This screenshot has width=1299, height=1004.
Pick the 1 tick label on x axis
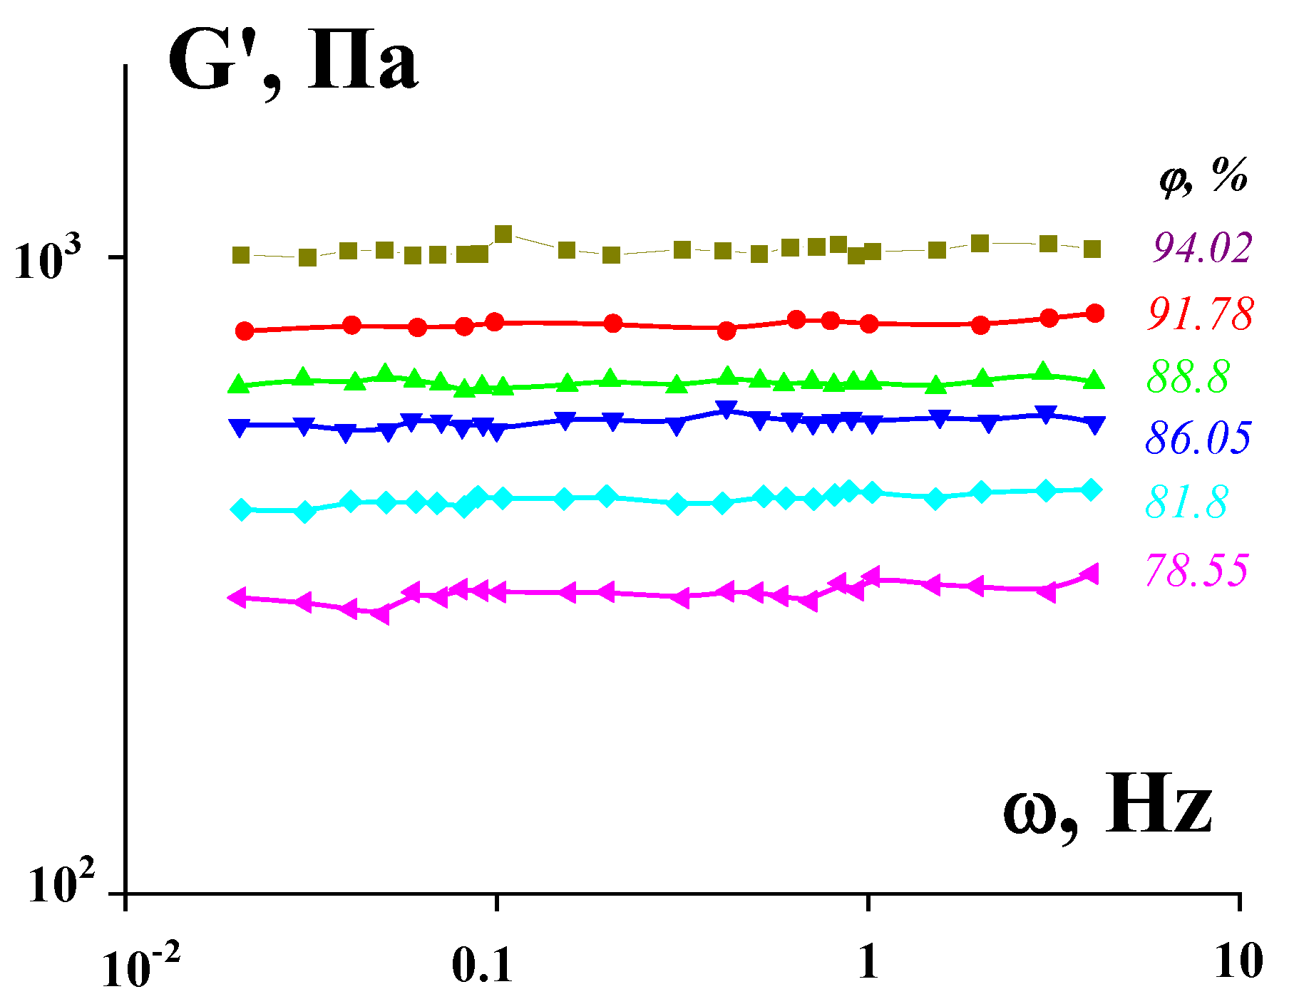tap(868, 962)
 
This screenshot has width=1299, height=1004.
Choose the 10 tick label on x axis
tap(1239, 962)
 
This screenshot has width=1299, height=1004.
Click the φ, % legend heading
tap(1203, 176)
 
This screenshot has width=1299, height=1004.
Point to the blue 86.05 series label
tap(1198, 438)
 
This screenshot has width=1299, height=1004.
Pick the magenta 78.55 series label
tap(1197, 569)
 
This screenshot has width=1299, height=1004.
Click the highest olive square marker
tap(503, 234)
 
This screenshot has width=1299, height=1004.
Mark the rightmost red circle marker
tap(1095, 314)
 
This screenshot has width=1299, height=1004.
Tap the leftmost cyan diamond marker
tap(242, 509)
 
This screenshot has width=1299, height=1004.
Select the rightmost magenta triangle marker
tap(1090, 574)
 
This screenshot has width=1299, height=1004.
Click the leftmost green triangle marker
tap(238, 384)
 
